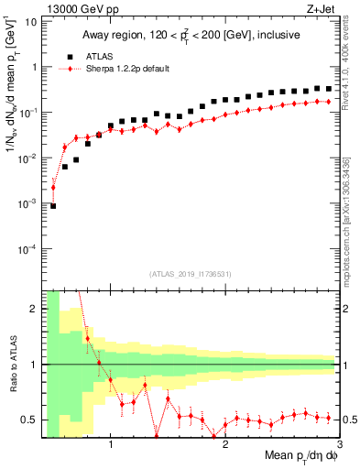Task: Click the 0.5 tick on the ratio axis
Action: [x=30, y=420]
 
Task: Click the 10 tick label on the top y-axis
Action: [x=30, y=21]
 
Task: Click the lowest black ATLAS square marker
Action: [x=53, y=206]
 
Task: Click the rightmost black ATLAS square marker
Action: [x=328, y=89]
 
